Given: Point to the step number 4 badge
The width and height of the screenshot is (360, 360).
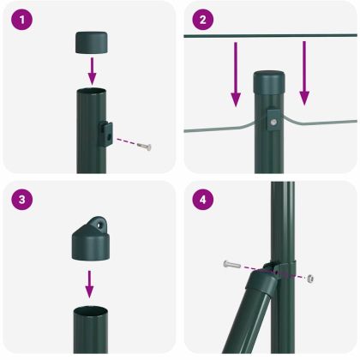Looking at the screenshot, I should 202,201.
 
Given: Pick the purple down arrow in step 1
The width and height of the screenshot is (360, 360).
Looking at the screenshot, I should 94,71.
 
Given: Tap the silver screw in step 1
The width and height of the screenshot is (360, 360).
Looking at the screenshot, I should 145,147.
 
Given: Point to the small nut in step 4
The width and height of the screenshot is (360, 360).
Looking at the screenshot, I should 310,279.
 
